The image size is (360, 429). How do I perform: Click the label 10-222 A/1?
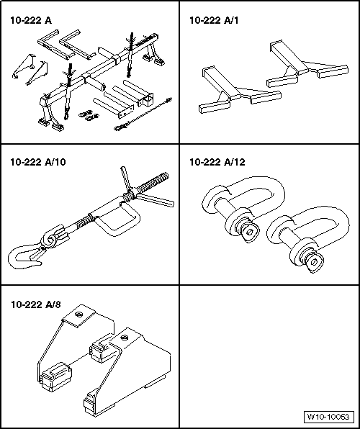click(x=214, y=21)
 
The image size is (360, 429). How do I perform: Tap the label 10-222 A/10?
click(x=38, y=162)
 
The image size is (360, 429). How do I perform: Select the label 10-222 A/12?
click(x=217, y=162)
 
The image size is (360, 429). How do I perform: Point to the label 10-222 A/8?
click(x=36, y=304)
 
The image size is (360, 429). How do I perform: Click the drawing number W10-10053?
click(x=328, y=417)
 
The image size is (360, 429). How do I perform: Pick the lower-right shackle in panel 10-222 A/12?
click(x=307, y=238)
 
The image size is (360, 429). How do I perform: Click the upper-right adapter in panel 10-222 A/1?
click(x=307, y=65)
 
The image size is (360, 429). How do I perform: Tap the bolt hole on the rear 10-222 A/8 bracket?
click(x=79, y=315)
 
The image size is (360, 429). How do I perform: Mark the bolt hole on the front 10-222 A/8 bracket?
click(x=124, y=337)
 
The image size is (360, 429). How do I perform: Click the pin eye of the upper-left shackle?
click(x=250, y=232)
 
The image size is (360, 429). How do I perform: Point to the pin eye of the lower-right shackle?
click(x=315, y=263)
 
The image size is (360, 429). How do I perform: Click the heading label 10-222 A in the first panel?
click(x=31, y=21)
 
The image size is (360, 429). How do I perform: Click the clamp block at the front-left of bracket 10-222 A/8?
click(x=55, y=376)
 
